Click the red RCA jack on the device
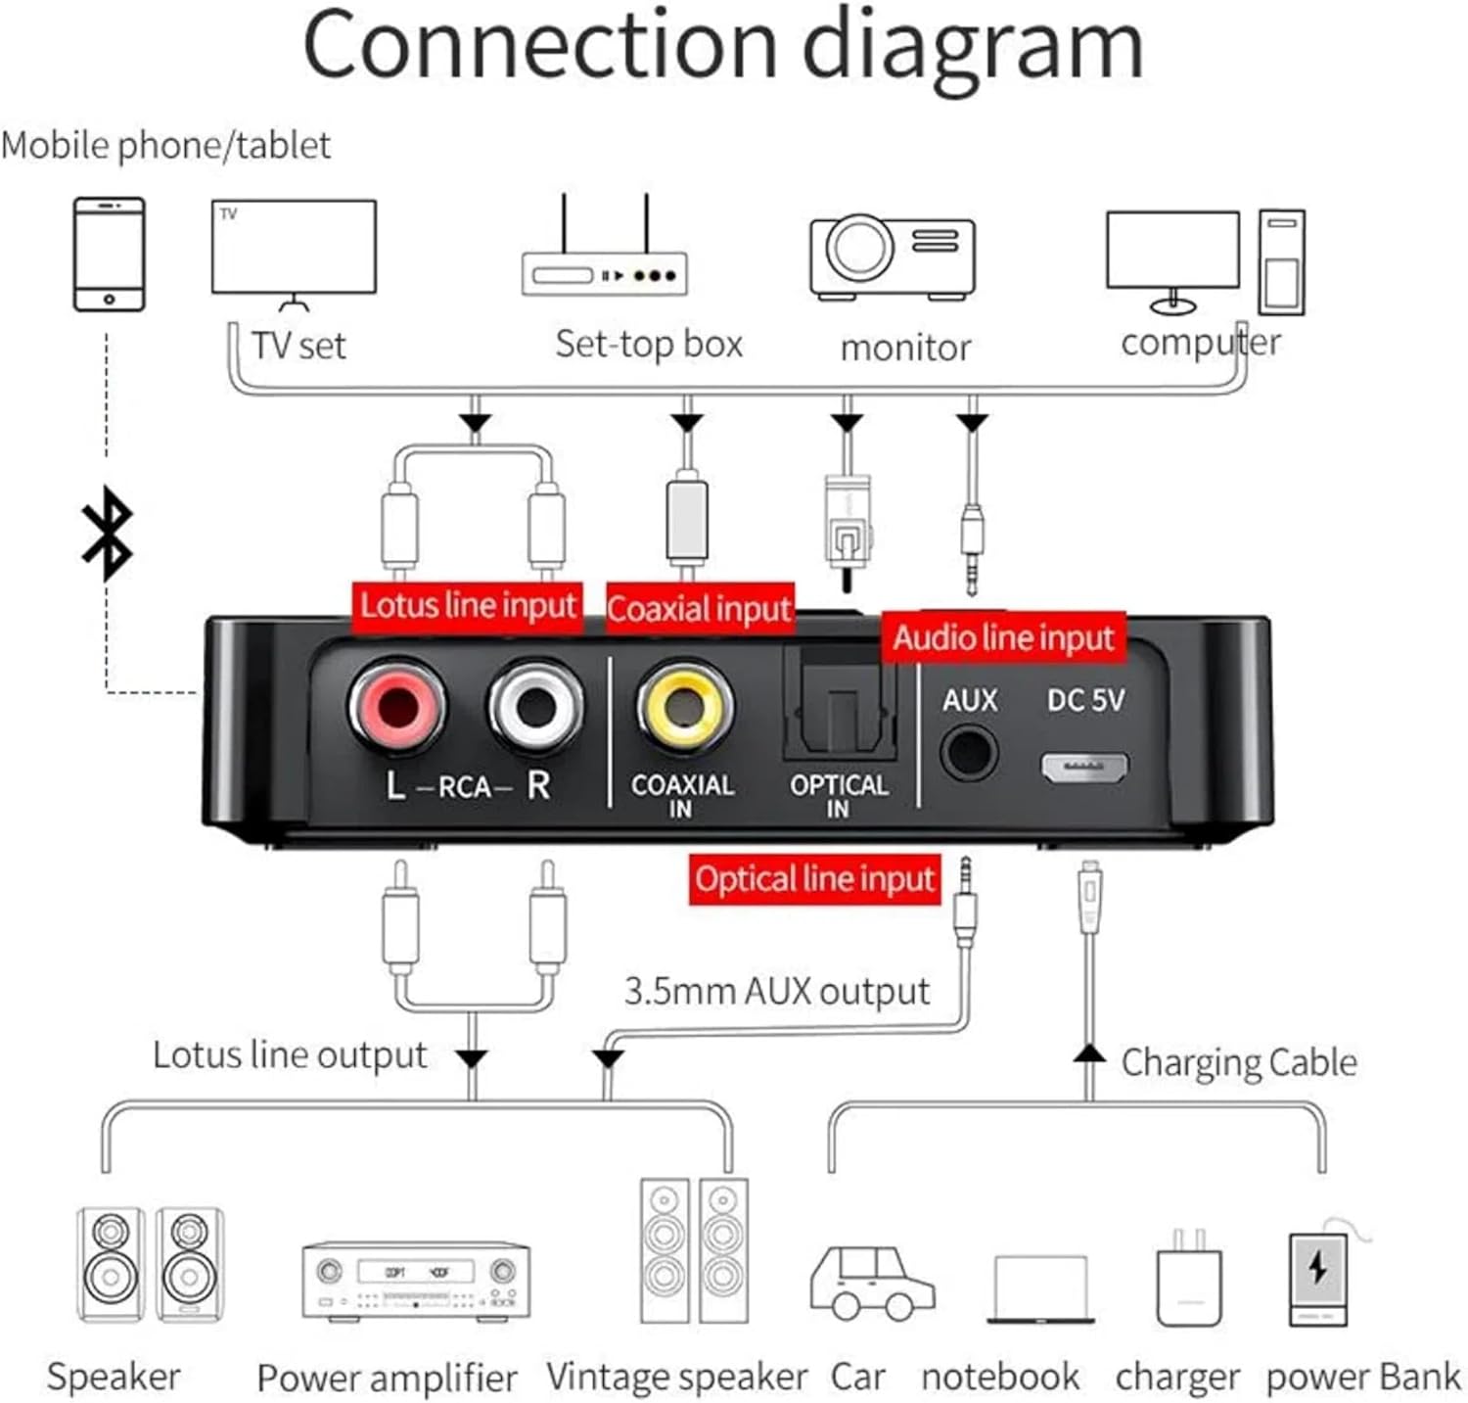(x=396, y=706)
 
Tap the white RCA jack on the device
(x=535, y=706)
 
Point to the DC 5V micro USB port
(x=1084, y=767)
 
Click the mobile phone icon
(x=110, y=255)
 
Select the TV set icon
(x=294, y=251)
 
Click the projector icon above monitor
(x=892, y=257)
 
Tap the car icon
(x=872, y=1283)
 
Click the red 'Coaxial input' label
(x=699, y=609)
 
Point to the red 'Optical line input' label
(x=814, y=879)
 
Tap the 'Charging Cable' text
(x=1238, y=1062)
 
